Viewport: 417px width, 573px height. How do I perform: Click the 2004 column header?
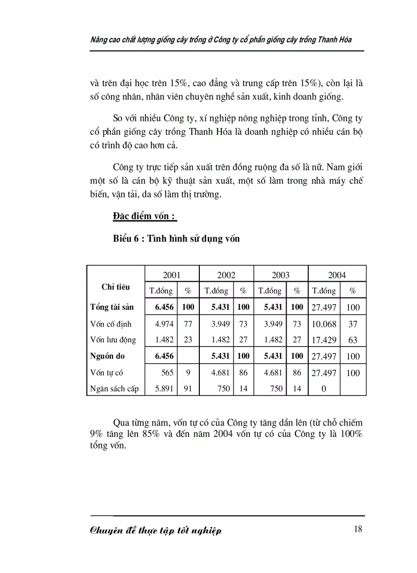coord(337,275)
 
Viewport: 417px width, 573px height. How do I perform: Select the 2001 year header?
coord(172,275)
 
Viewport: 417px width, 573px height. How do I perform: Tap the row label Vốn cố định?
coord(110,324)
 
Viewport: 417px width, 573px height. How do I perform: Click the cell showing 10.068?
coord(324,324)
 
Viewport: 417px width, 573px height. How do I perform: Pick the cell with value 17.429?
coord(324,340)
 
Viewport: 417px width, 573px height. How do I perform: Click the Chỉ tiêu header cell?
coord(115,287)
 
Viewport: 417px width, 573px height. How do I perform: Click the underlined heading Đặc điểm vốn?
coord(144,217)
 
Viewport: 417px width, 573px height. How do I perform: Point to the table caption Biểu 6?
coord(176,238)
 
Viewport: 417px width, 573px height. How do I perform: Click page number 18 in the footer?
coord(358,529)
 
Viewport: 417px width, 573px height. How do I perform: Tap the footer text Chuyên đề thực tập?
coord(156,531)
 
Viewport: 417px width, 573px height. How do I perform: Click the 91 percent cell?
coord(188,389)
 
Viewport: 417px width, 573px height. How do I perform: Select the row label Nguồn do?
coord(107,356)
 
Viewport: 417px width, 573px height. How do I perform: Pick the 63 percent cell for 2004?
coord(353,340)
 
